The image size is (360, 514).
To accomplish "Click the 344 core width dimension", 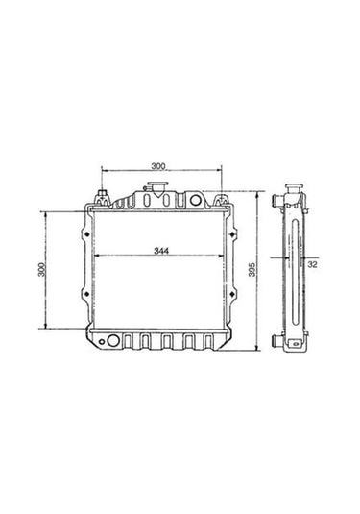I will (x=162, y=251).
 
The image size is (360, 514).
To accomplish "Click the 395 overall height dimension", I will (x=252, y=270).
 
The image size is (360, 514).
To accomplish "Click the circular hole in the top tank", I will (x=197, y=200).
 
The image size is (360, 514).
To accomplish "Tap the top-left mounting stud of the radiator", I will (x=101, y=200).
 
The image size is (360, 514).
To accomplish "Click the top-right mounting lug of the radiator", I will (x=222, y=200).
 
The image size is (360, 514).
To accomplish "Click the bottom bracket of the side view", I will (x=292, y=348).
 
